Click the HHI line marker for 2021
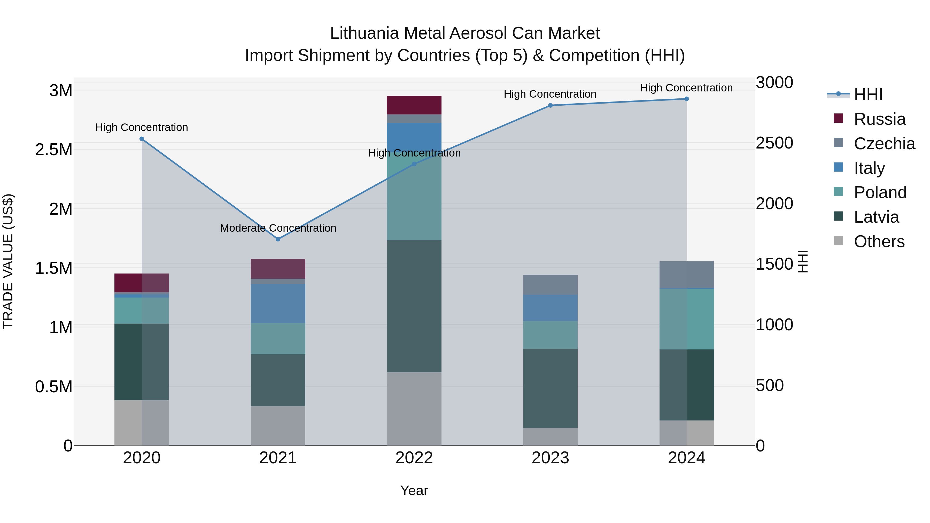(x=278, y=239)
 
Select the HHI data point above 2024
(x=686, y=99)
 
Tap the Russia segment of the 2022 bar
(x=414, y=105)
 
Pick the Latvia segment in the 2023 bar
(x=550, y=388)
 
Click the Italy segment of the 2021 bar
(x=278, y=303)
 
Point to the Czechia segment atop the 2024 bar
(x=686, y=275)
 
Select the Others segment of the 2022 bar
(x=414, y=409)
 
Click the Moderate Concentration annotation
(x=278, y=228)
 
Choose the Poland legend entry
(x=880, y=192)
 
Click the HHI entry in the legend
(x=868, y=95)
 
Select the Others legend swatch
(x=838, y=241)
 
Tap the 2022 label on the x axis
(x=414, y=458)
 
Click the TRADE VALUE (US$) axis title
(x=8, y=261)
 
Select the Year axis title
(x=414, y=490)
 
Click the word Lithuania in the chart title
(x=364, y=33)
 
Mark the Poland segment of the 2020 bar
(x=142, y=310)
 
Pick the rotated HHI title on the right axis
(x=802, y=261)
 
